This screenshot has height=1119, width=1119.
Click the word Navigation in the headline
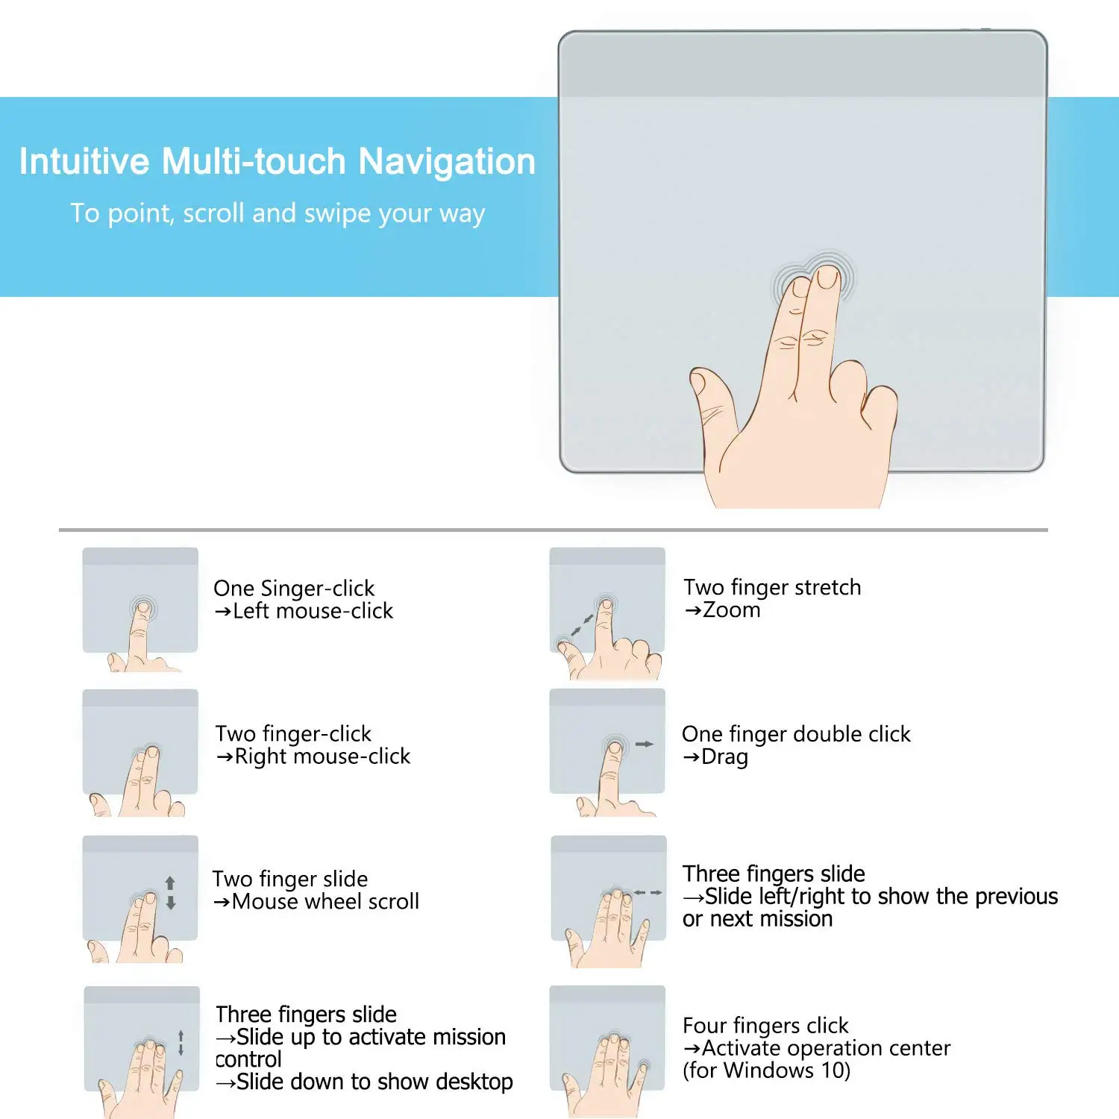tap(447, 162)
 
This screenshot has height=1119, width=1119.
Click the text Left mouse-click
tap(313, 611)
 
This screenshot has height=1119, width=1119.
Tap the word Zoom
tap(731, 610)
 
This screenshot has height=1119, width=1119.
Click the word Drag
tap(724, 756)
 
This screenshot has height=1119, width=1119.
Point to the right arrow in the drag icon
tap(644, 744)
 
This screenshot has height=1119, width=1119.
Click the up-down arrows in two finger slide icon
tap(171, 893)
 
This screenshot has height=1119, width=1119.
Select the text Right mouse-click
tap(322, 756)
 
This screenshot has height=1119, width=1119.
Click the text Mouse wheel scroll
tap(325, 901)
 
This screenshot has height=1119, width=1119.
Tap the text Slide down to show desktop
tap(374, 1082)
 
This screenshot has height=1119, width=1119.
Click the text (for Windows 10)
tap(766, 1071)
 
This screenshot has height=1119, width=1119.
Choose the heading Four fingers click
tap(765, 1026)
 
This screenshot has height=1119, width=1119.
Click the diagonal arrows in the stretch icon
tap(583, 625)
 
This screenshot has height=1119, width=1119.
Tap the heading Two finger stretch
tap(772, 588)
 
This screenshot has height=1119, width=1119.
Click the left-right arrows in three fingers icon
tap(648, 892)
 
